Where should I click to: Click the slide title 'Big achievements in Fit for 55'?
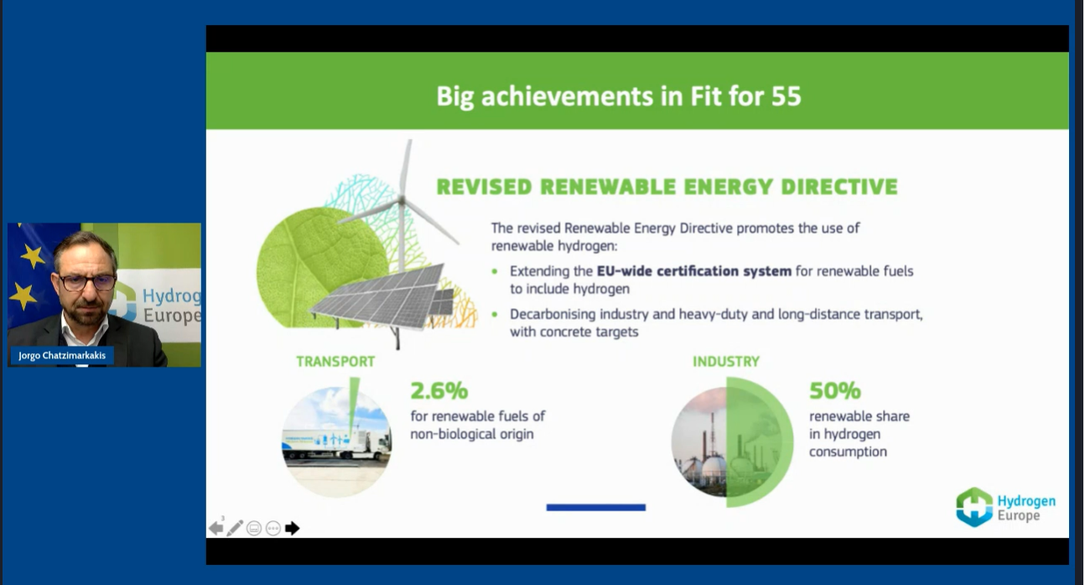point(619,96)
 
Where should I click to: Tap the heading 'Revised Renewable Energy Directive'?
point(667,187)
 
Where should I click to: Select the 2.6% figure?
point(439,390)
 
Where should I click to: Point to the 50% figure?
point(835,390)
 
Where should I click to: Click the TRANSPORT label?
point(335,362)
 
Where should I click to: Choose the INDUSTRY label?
point(726,362)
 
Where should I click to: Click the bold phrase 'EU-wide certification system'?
point(694,271)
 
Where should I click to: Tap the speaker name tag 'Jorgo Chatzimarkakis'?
point(62,355)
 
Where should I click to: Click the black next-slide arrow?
point(292,528)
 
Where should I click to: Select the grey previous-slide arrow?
point(216,528)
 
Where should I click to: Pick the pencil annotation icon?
point(235,528)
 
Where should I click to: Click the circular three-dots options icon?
point(273,528)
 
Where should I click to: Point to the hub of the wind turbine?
point(402,200)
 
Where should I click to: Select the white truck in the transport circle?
point(336,443)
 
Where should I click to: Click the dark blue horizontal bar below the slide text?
point(596,508)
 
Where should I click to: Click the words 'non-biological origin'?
point(472,434)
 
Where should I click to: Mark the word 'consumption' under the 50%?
point(849,452)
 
